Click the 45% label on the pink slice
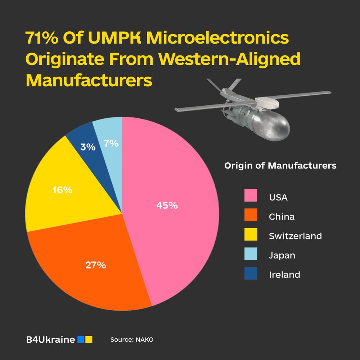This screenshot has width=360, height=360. (x=167, y=206)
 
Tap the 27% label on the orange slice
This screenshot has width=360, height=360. (x=95, y=265)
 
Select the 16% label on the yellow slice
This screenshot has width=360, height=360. (x=62, y=190)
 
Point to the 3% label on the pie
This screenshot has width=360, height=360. (x=88, y=147)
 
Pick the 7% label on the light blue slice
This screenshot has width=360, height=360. (x=111, y=143)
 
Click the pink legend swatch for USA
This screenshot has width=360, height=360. (x=251, y=195)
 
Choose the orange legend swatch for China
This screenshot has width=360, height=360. (x=251, y=215)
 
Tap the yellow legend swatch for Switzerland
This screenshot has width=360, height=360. (x=251, y=234)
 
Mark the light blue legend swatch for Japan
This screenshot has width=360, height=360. (x=251, y=254)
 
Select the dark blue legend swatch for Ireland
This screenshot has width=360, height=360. (x=251, y=273)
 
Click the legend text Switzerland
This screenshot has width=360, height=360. (x=295, y=236)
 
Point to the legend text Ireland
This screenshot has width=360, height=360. (x=284, y=275)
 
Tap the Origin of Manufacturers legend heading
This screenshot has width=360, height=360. (x=280, y=166)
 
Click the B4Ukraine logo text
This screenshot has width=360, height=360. (x=51, y=339)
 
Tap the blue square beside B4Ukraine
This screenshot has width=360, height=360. (x=81, y=339)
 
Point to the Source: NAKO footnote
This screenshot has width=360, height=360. (x=132, y=339)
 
